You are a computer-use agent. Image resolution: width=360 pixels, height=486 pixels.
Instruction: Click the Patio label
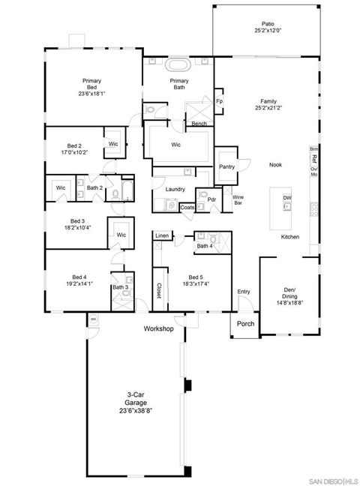tap(268, 23)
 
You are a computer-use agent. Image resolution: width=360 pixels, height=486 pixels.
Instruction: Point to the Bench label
tap(199, 124)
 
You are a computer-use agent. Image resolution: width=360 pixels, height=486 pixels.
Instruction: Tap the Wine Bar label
tap(238, 200)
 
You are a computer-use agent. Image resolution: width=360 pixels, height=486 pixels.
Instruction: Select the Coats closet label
tap(187, 207)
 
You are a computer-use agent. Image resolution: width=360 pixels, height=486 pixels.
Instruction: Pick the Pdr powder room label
tap(212, 199)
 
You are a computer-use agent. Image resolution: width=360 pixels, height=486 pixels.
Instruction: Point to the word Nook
tap(275, 165)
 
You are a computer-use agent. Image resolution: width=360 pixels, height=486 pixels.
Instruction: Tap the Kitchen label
tap(290, 237)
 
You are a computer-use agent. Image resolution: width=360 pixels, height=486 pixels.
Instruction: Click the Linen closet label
tap(162, 236)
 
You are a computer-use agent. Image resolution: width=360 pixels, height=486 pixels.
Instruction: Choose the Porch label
tap(245, 324)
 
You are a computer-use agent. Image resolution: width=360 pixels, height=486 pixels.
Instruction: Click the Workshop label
tap(159, 329)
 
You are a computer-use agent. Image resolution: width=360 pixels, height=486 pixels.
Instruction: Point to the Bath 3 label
tap(120, 287)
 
